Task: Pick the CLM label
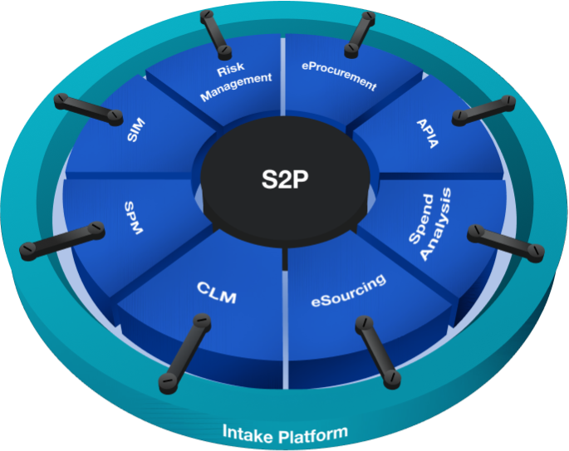coord(218,292)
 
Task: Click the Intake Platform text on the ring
coord(285,432)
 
